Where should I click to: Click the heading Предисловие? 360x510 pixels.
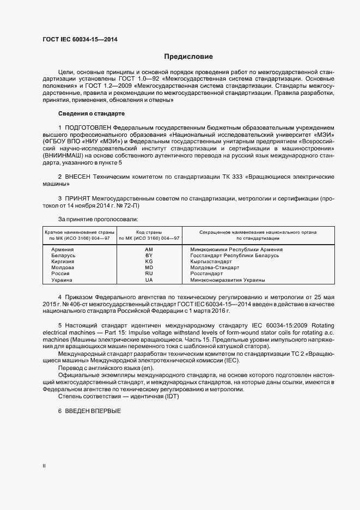189,56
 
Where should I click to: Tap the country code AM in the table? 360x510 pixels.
149,249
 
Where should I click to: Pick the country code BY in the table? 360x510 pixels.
149,255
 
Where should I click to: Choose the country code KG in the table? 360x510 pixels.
149,262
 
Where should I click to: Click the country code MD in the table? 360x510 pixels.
149,268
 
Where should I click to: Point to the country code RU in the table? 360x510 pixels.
149,274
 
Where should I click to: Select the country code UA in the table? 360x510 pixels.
149,280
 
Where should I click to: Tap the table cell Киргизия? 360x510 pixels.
63,262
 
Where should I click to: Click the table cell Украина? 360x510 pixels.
62,280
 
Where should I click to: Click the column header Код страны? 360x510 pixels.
149,232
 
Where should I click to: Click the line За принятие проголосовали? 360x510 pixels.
91,218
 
